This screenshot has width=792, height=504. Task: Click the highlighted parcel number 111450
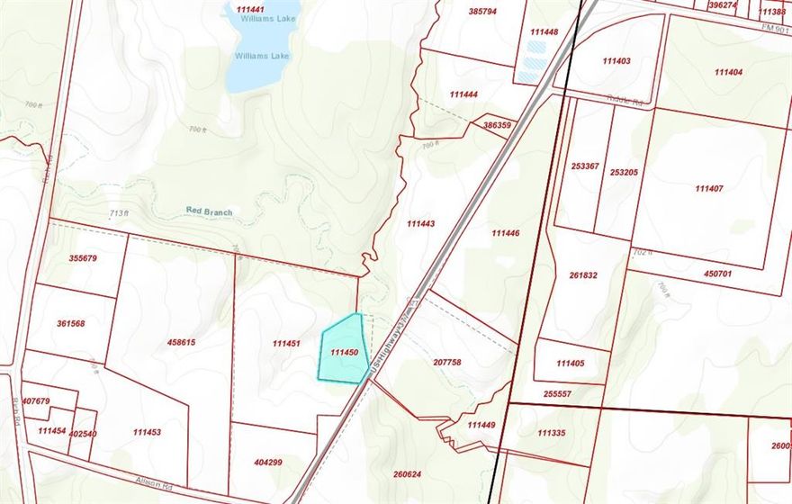coord(345,353)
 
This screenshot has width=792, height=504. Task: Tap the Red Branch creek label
coord(209,211)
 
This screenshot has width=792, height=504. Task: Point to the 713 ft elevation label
coord(119,213)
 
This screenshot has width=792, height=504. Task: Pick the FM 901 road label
coord(770,29)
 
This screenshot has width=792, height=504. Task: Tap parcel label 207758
coord(446,362)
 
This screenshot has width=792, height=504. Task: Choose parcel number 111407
coord(709,188)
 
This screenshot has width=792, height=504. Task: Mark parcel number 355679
coord(82,258)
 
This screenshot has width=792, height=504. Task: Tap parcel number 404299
coord(268,463)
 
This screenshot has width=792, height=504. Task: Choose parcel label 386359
coord(497,125)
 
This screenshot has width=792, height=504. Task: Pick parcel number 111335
coord(551,433)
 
